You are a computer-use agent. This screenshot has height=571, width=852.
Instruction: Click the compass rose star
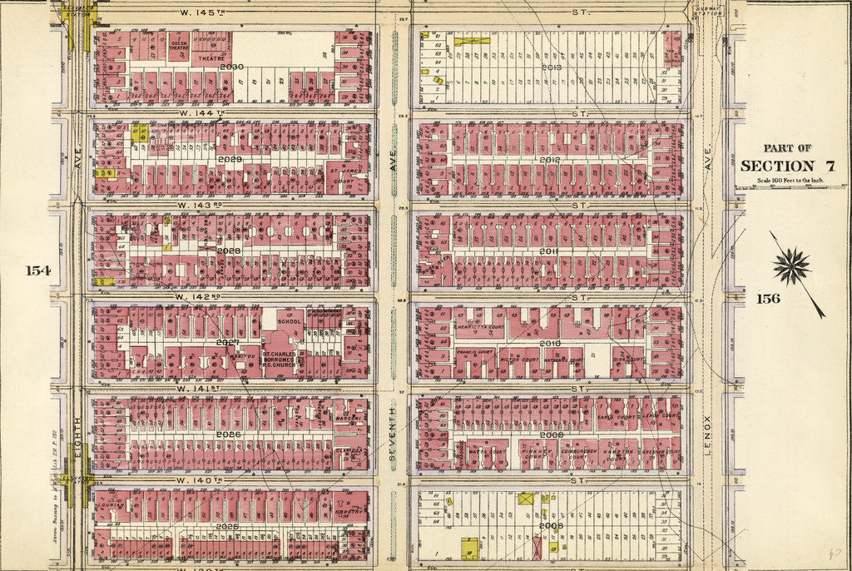click(791, 267)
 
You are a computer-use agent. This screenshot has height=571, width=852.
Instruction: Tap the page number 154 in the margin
click(38, 271)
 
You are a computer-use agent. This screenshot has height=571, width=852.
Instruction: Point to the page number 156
click(768, 298)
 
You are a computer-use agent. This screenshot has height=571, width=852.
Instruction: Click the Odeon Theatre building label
click(179, 47)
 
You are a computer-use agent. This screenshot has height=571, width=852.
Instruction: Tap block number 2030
click(231, 67)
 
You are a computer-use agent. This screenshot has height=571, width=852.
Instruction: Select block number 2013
click(551, 67)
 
